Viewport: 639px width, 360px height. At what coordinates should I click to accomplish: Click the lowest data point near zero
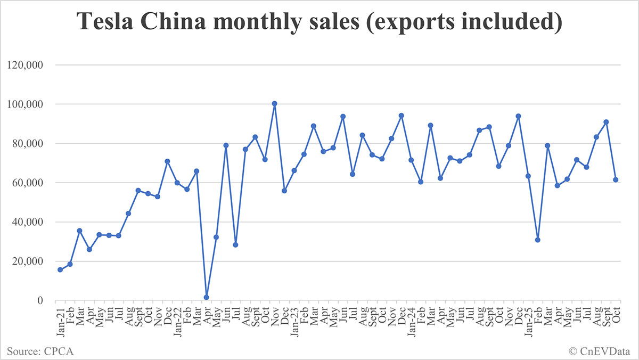point(206,297)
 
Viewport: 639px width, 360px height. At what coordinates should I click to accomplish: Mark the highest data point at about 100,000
point(274,104)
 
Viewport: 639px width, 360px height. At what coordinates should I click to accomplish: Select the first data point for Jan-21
point(60,269)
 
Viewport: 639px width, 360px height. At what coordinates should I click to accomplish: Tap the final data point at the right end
point(616,179)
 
